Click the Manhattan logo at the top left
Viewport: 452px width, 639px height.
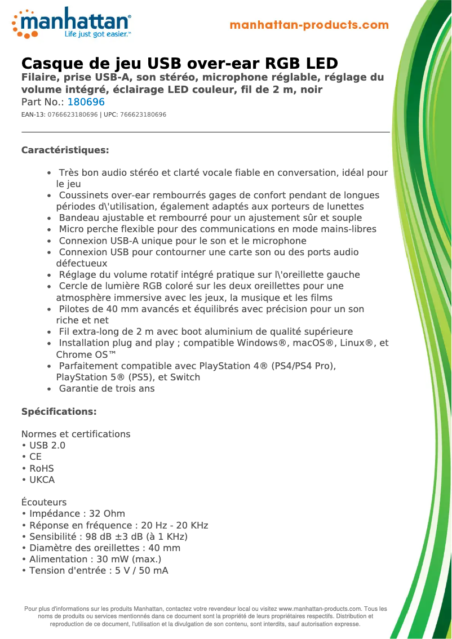pyautogui.click(x=72, y=23)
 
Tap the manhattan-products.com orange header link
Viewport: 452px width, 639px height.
pyautogui.click(x=309, y=25)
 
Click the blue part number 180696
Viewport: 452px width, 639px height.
pyautogui.click(x=86, y=103)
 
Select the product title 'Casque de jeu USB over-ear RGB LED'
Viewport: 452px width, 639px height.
pyautogui.click(x=179, y=63)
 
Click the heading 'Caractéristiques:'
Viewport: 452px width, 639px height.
pyautogui.click(x=65, y=150)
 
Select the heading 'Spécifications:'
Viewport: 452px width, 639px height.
pyautogui.click(x=59, y=411)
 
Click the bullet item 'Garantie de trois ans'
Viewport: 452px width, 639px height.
pyautogui.click(x=107, y=389)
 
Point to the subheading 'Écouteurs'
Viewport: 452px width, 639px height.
pyautogui.click(x=44, y=502)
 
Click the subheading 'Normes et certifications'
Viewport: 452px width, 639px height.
pyautogui.click(x=76, y=434)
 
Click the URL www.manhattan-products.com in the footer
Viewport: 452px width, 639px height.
pyautogui.click(x=320, y=609)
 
